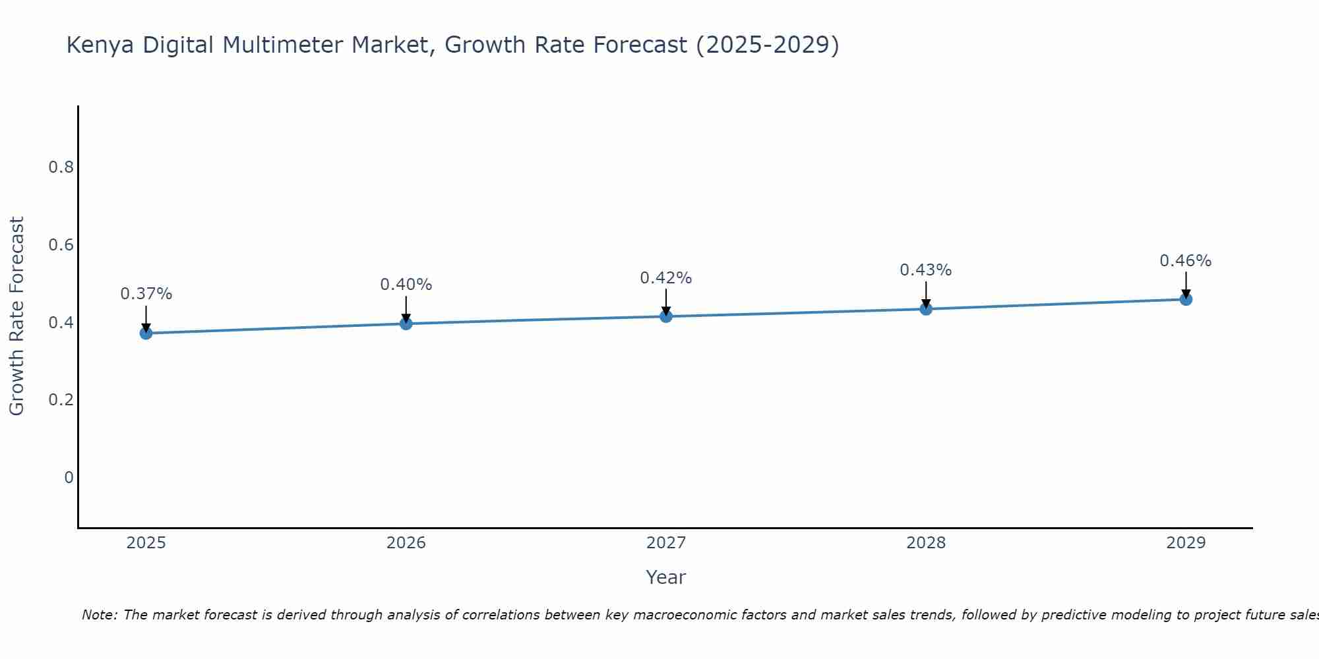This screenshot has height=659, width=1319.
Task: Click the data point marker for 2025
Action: pos(146,333)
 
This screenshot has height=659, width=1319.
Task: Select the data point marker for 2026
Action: pos(406,324)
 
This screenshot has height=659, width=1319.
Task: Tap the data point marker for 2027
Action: pos(666,316)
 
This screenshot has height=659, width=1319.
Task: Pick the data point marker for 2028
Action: pos(926,309)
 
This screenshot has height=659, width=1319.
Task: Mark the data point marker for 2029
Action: pos(1186,299)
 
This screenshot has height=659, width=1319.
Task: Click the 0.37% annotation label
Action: pos(146,294)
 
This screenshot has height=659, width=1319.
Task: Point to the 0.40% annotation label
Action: pos(406,285)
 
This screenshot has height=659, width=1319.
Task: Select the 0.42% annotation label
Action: pos(666,278)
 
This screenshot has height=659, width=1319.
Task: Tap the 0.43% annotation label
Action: pos(926,270)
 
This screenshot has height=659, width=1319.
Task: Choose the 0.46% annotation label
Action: pos(1186,261)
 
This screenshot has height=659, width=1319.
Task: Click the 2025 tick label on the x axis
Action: pos(146,543)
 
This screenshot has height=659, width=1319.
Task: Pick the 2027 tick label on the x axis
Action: pos(666,543)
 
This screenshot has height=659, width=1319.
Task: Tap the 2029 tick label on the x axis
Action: pos(1186,543)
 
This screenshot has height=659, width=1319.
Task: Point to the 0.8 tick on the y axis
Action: pos(61,167)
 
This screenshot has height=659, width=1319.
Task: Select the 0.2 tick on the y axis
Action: pos(61,400)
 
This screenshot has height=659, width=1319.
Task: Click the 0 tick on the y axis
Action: pos(69,478)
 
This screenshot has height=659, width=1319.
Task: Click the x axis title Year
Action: pos(666,577)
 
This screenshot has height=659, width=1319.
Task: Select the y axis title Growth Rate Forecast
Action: pos(16,316)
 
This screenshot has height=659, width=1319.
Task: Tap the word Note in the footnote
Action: pos(99,615)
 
